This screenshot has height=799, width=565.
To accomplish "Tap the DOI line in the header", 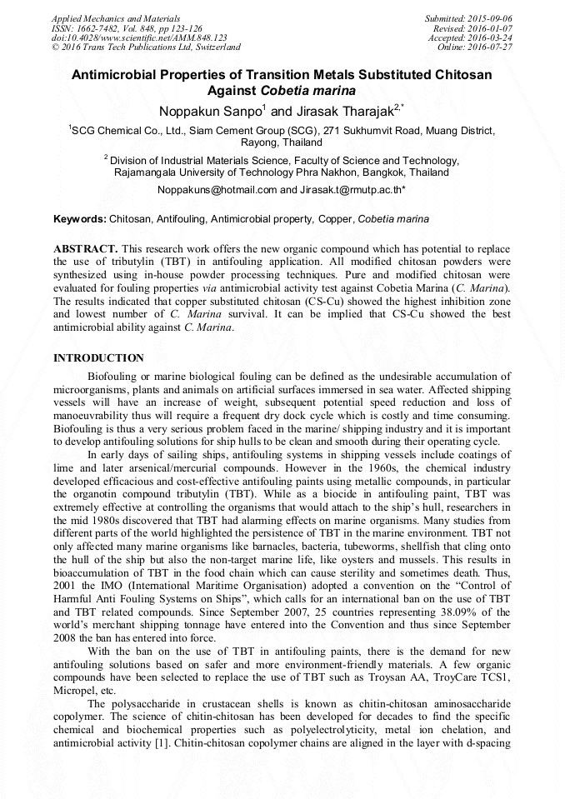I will [139, 37].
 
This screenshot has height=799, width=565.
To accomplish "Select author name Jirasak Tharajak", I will [342, 111].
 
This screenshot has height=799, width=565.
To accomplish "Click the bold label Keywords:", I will [80, 219].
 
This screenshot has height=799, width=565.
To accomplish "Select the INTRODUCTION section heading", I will [98, 357].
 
